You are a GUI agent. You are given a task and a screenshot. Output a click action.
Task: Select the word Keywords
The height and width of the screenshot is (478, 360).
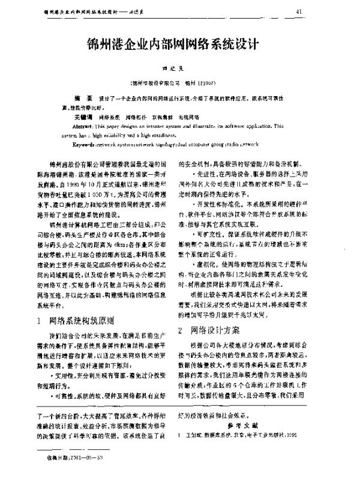click(86, 146)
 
